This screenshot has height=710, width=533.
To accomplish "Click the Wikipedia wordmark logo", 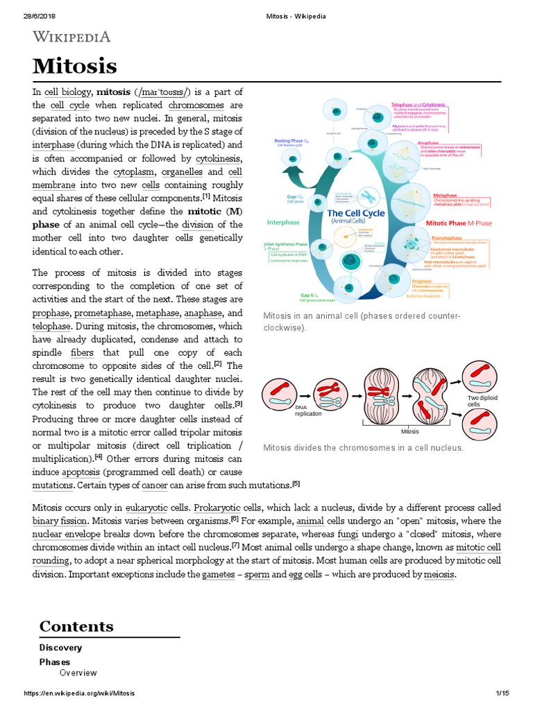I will [71, 37].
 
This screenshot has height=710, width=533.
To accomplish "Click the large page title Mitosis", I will [75, 67].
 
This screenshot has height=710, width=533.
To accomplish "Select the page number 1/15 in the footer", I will [503, 693].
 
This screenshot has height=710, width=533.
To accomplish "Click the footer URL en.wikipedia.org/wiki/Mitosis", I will [80, 693].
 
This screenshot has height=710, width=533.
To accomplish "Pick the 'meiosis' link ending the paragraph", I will [435, 574].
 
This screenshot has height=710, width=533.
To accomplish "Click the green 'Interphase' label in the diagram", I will [283, 223].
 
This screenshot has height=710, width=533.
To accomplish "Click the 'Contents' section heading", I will [76, 625].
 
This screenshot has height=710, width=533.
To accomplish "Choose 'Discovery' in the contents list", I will [60, 648].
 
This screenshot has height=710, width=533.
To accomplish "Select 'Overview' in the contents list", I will [78, 673].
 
